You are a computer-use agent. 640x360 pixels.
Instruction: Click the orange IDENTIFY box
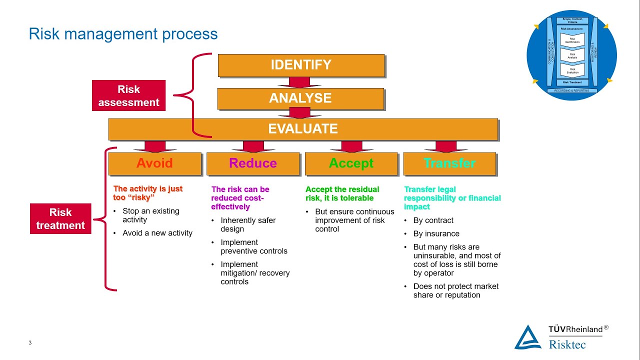click(x=301, y=65)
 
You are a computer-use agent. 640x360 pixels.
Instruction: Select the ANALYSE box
click(x=300, y=98)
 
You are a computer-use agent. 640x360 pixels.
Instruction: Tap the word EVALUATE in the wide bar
click(x=303, y=128)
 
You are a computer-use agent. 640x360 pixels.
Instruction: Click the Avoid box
click(x=154, y=163)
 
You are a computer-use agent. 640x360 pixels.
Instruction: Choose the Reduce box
click(x=253, y=163)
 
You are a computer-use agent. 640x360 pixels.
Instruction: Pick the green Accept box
click(x=351, y=163)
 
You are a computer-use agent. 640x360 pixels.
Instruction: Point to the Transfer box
click(x=449, y=163)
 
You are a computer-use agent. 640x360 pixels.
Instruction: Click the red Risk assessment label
click(x=128, y=95)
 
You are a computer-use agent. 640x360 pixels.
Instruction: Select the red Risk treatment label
click(x=60, y=218)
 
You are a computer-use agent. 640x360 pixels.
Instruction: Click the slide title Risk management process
click(x=123, y=34)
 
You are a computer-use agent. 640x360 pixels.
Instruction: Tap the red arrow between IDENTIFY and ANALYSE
click(x=300, y=82)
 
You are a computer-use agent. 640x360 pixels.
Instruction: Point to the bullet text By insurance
click(x=436, y=233)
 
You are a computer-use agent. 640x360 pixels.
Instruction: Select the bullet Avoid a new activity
click(x=157, y=233)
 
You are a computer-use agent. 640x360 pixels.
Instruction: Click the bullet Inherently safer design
click(x=248, y=224)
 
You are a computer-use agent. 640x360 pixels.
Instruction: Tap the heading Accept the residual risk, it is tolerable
click(x=342, y=193)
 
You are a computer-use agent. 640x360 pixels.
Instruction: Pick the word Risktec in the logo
click(x=567, y=344)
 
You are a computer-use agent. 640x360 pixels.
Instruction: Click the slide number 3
click(x=30, y=342)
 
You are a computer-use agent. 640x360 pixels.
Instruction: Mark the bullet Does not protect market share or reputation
click(x=455, y=290)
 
